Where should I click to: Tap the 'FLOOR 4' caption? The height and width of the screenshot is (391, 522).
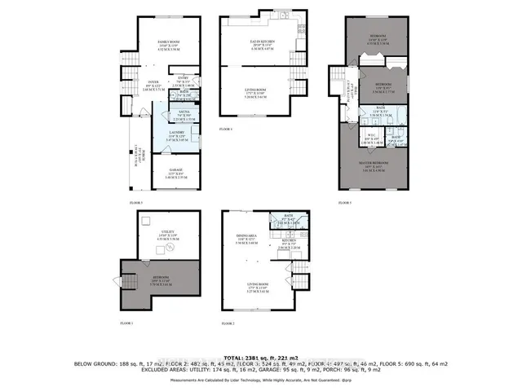tap(226, 130)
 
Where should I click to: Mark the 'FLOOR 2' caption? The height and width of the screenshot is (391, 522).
tap(228, 324)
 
